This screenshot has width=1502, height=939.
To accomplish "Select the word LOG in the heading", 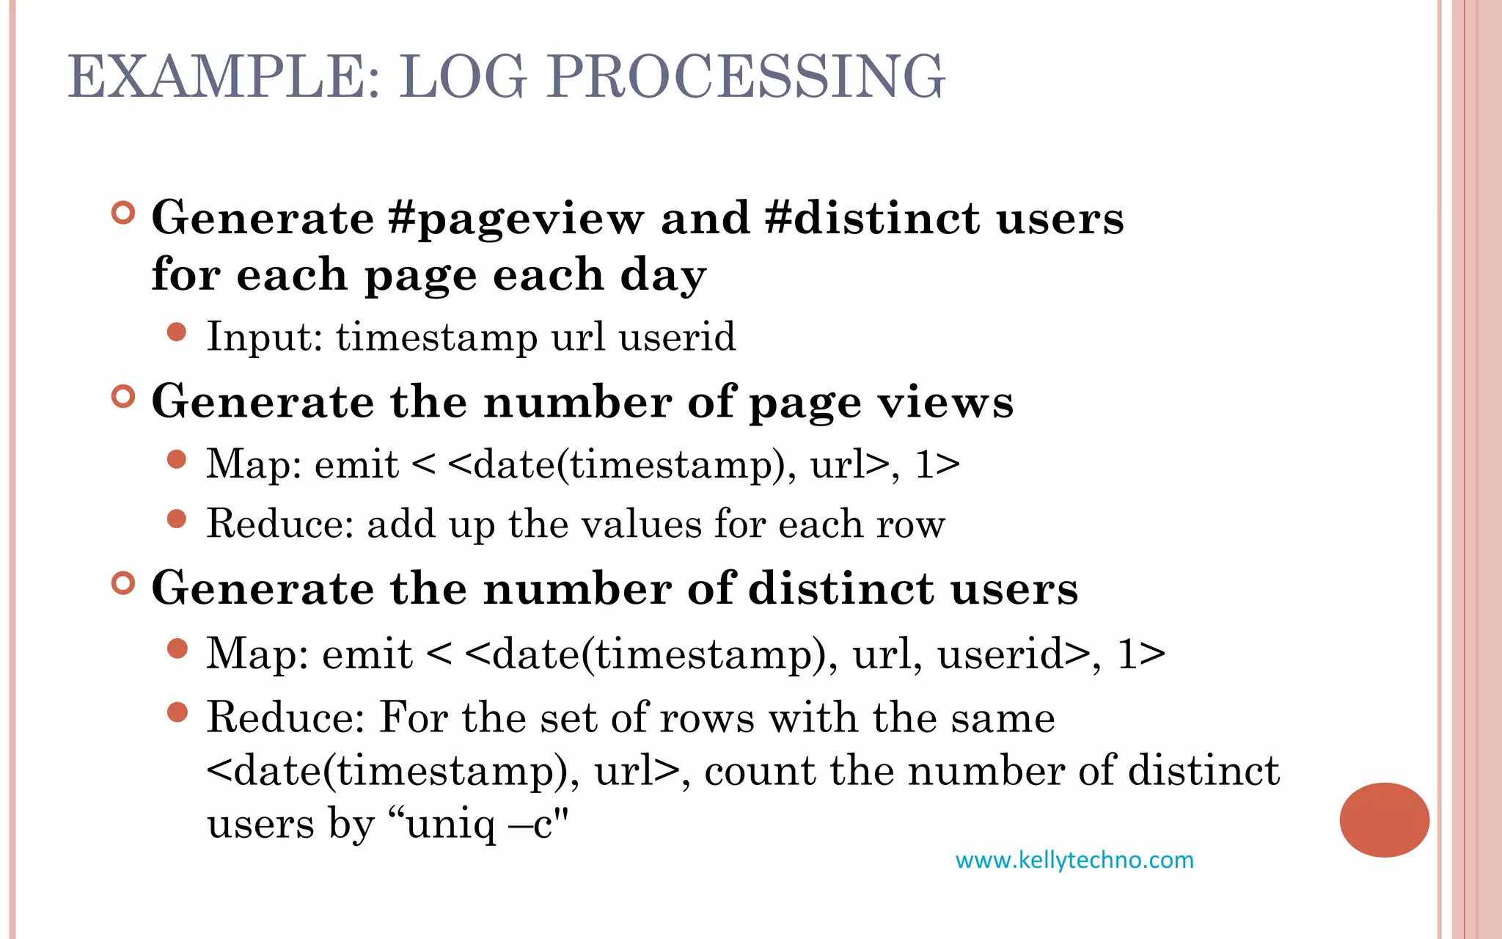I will coord(464,76).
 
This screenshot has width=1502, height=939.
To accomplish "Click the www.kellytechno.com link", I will coord(1074,860).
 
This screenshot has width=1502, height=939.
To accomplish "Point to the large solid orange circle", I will coord(1384,819).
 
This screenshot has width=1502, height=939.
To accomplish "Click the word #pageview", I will coord(516,219).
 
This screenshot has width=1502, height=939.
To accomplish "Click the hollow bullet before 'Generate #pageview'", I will coord(124,213).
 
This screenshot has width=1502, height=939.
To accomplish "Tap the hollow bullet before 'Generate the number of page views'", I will coord(124,397).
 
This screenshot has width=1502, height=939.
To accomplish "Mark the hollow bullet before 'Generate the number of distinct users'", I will coord(124,583).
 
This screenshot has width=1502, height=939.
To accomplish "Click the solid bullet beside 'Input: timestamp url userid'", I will coord(177,332).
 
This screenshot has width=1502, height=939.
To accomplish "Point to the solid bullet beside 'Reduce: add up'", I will coord(177,519).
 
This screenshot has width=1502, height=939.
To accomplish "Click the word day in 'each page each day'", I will coord(663,276).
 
